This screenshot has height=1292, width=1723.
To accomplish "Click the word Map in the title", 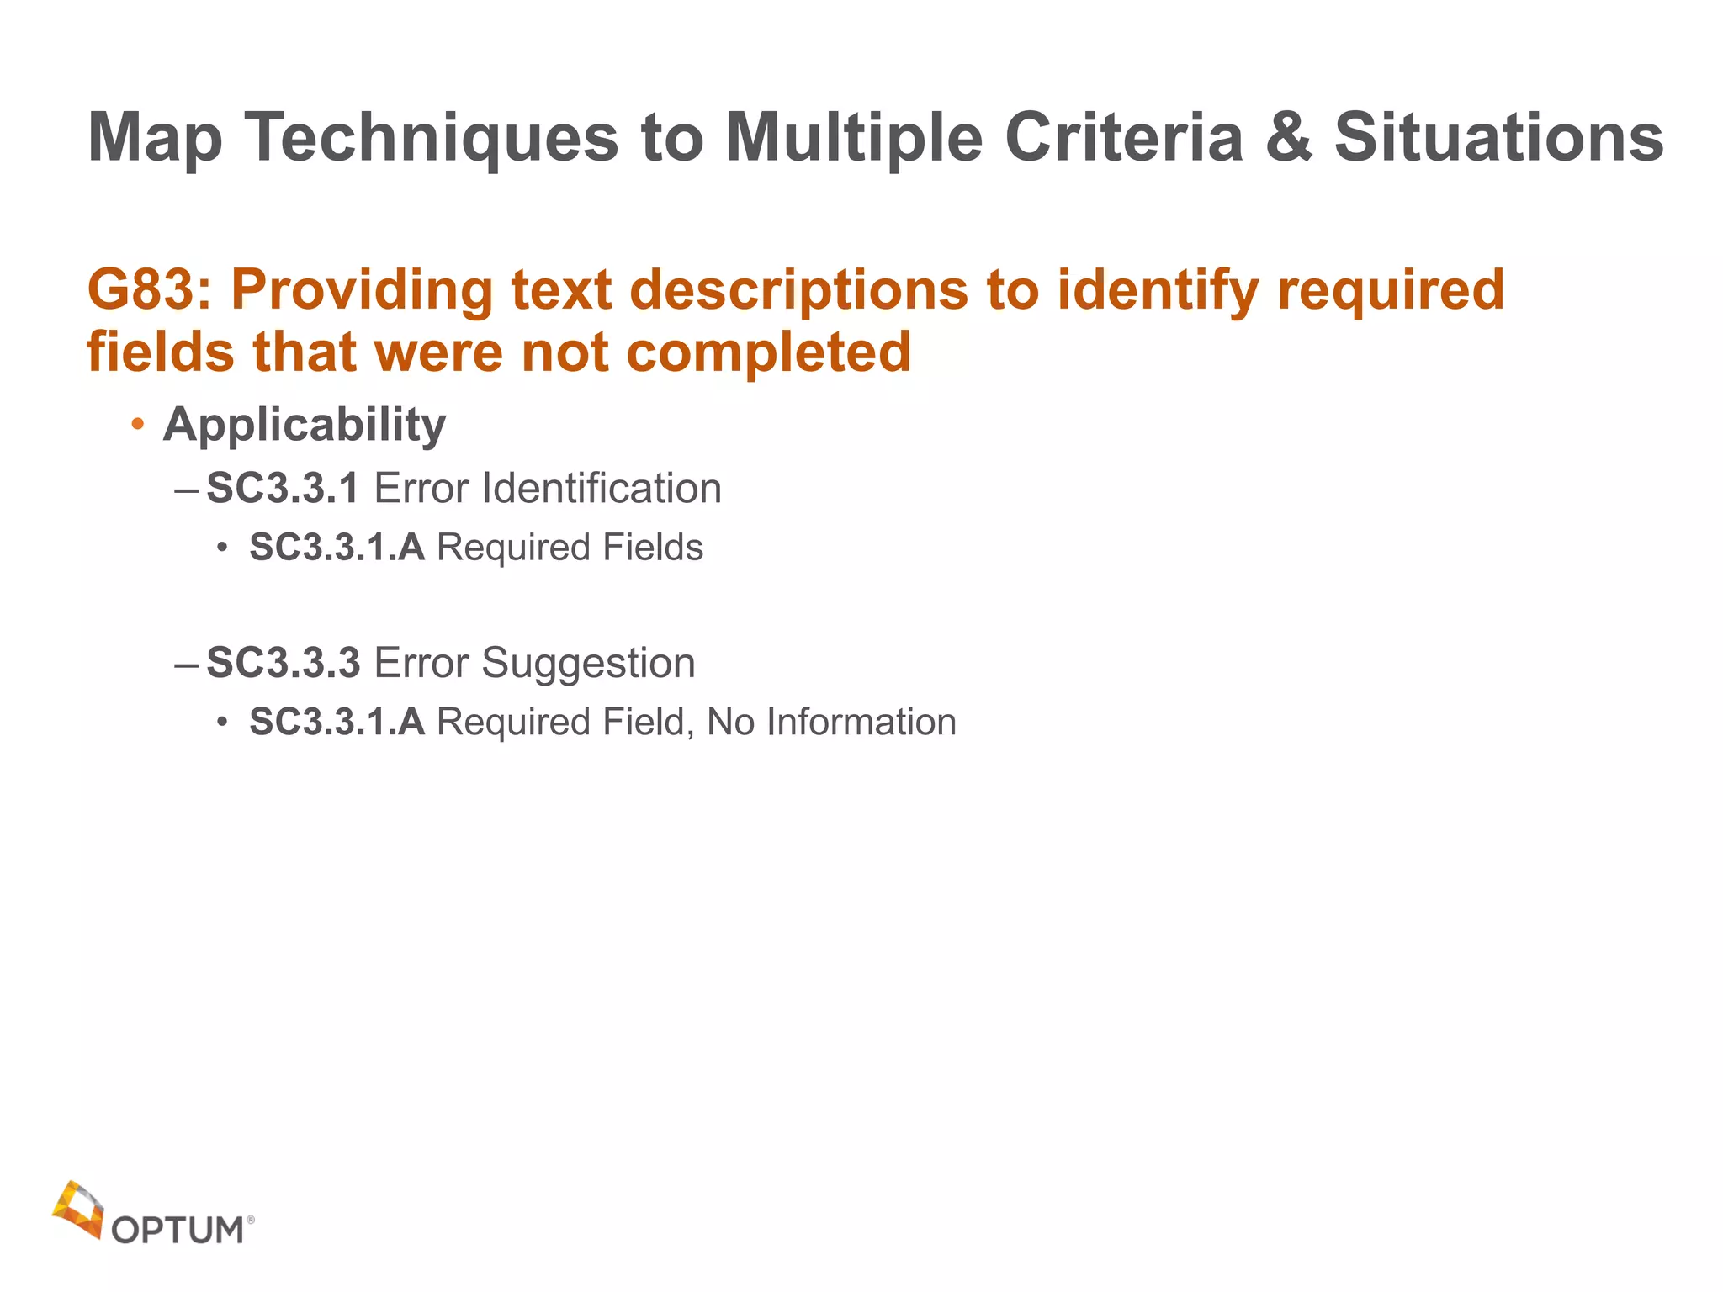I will click(x=156, y=139).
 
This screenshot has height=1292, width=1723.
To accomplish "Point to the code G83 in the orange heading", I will click(x=143, y=290).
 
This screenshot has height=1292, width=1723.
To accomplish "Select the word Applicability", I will click(x=305, y=425).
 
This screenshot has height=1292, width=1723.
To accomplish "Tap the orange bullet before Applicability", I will click(x=138, y=425).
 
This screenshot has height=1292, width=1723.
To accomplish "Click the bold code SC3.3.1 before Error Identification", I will click(x=283, y=489).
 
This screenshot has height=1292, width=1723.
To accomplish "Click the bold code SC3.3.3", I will click(x=284, y=663).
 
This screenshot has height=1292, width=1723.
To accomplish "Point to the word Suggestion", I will click(x=588, y=663).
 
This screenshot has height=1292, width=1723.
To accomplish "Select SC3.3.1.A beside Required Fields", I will click(x=337, y=548).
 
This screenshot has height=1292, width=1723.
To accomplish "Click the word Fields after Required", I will click(x=652, y=548).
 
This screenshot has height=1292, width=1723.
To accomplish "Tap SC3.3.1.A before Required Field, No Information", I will click(x=337, y=723).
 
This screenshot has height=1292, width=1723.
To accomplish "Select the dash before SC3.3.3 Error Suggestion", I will click(x=186, y=664).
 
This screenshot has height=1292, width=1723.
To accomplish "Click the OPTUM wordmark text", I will click(x=178, y=1231).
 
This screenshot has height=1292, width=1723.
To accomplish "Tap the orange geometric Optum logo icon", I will click(x=78, y=1209).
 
